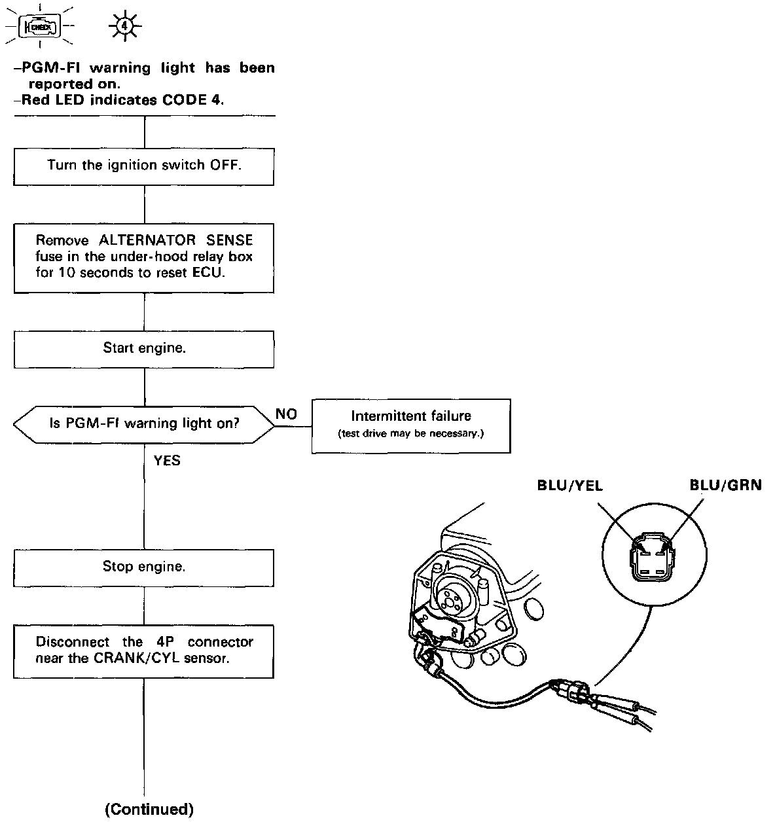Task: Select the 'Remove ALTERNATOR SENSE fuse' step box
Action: coord(144,257)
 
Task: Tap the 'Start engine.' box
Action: coord(144,349)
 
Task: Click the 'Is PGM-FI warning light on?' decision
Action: coord(144,423)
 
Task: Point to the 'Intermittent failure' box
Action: coord(410,425)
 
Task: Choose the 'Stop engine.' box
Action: coord(144,567)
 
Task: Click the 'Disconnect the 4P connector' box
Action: coord(144,651)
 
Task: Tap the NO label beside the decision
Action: coord(286,414)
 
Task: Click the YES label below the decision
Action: coord(167,461)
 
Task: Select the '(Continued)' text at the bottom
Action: coord(149,810)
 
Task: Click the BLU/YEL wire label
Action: coord(569,486)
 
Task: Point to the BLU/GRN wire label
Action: coord(725,486)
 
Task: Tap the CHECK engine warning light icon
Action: coord(41,27)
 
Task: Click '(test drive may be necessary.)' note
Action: coord(410,434)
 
